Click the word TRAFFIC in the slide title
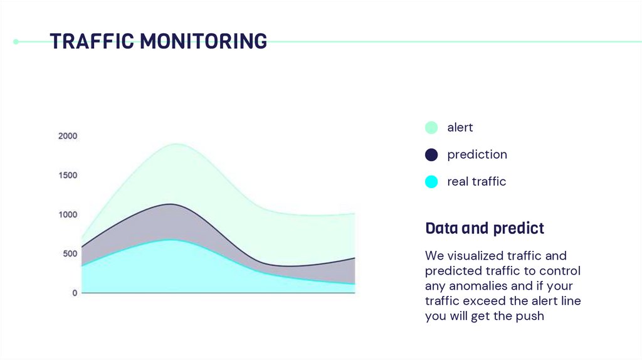[92, 41]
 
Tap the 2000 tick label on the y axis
[68, 136]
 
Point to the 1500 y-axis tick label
[68, 175]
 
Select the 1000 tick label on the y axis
[68, 214]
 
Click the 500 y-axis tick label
[70, 254]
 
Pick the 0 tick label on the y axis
[75, 293]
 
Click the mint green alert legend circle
[431, 127]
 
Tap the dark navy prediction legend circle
[431, 154]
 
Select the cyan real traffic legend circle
[431, 182]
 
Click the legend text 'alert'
[460, 127]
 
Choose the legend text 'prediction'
[476, 154]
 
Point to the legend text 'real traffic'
[476, 182]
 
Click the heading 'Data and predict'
[484, 228]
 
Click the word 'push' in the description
[531, 316]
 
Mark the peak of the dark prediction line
[172, 204]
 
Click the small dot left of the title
[16, 42]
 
